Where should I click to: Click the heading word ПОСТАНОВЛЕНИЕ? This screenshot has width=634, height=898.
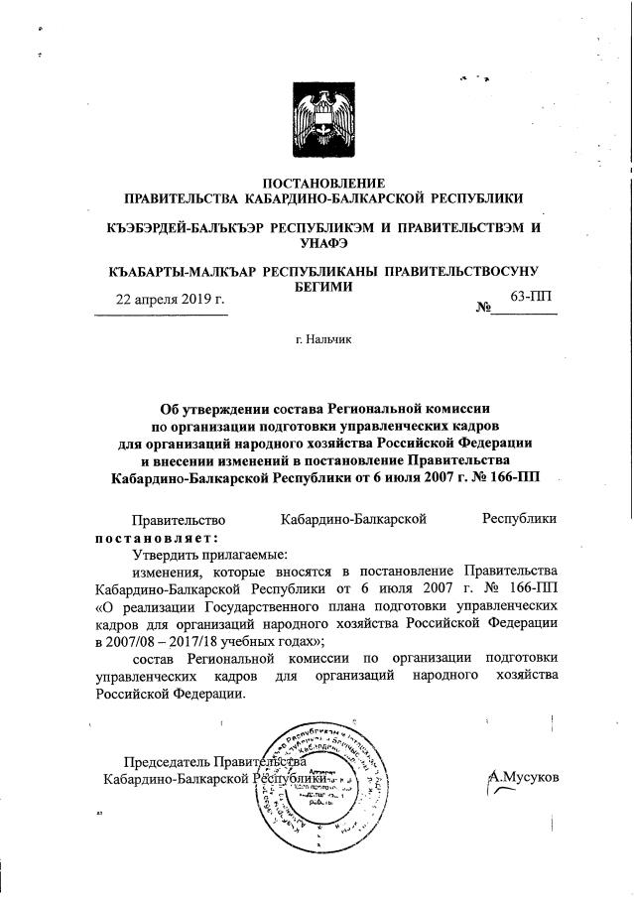(x=321, y=183)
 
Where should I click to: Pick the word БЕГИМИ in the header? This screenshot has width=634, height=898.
(x=322, y=286)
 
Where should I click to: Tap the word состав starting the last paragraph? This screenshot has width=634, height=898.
(x=153, y=658)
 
